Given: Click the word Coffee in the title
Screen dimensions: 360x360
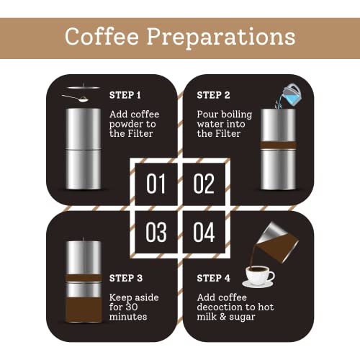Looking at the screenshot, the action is tap(102, 36).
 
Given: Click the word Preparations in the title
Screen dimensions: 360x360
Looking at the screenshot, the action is tap(221, 38).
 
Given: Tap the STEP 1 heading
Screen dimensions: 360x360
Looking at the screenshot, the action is tap(125, 95).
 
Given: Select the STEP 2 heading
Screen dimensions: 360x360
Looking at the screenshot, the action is tap(213, 95).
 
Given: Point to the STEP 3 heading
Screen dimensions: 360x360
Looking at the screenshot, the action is tap(126, 278).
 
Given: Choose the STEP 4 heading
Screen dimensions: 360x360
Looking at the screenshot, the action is tap(214, 278).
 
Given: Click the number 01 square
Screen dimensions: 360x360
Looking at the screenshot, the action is tap(156, 184).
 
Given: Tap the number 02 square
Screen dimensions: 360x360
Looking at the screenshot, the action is tap(204, 184).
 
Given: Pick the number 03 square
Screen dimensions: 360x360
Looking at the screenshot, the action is tap(156, 232).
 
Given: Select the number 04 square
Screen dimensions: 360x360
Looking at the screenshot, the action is tap(204, 232).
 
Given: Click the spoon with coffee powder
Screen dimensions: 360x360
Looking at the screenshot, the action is tap(76, 98).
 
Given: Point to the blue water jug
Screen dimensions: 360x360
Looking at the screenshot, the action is tap(292, 94).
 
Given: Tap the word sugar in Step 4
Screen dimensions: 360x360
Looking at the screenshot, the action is tap(242, 317).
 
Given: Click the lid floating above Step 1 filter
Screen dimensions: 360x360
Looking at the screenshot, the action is tap(84, 87).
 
